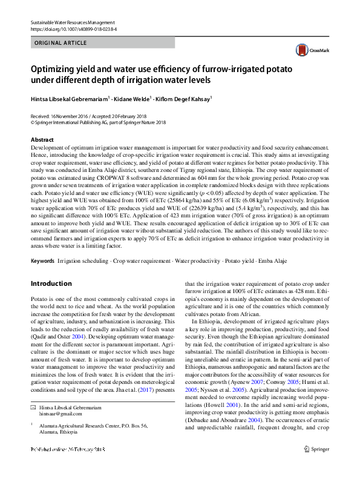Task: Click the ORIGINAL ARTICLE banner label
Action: (x=61, y=43)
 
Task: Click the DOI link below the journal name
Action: (x=73, y=28)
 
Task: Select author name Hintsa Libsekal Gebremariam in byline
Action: (x=69, y=98)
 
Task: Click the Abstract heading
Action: (x=42, y=139)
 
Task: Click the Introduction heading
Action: (x=51, y=283)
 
